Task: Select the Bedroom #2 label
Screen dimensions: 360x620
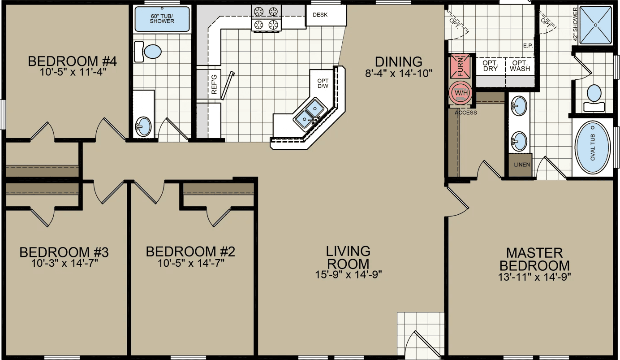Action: pos(190,252)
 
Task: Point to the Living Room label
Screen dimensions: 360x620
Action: pos(348,257)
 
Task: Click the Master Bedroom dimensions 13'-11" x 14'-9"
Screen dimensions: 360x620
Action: pos(534,277)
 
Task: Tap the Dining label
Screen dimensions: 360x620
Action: pos(398,61)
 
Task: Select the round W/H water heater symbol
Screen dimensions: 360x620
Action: pos(461,93)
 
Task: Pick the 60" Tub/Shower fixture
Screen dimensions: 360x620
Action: pos(162,19)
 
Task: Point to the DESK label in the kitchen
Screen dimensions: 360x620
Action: pos(320,15)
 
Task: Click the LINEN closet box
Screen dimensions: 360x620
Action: pos(522,165)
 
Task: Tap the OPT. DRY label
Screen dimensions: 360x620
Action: pos(491,66)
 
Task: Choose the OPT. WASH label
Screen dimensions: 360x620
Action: pos(520,66)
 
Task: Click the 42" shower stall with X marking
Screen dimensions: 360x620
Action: pos(595,25)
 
